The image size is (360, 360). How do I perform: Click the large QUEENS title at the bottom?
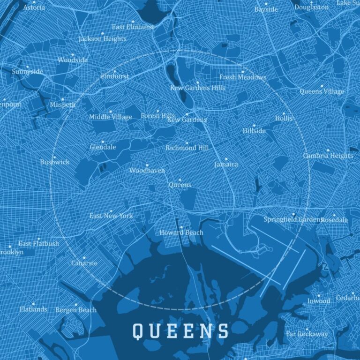(181, 331)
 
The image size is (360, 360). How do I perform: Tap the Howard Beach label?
(181, 232)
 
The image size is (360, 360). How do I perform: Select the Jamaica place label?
(226, 165)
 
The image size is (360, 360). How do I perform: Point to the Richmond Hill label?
(187, 148)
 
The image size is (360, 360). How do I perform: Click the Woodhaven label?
(147, 171)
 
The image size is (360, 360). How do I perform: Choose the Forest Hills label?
(157, 115)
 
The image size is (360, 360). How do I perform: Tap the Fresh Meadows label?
(242, 77)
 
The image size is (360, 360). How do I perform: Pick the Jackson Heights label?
(102, 39)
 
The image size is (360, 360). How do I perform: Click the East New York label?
(111, 216)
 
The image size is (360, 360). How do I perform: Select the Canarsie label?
(84, 263)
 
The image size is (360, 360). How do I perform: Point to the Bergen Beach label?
(76, 310)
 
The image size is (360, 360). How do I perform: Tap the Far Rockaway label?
(307, 334)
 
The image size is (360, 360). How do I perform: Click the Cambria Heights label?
(328, 156)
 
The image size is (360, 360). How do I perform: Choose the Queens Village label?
(322, 91)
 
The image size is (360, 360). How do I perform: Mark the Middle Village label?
(111, 117)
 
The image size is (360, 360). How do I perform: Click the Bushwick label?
(54, 162)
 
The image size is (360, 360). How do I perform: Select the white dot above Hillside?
(254, 125)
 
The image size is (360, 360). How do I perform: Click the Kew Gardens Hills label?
(197, 88)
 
